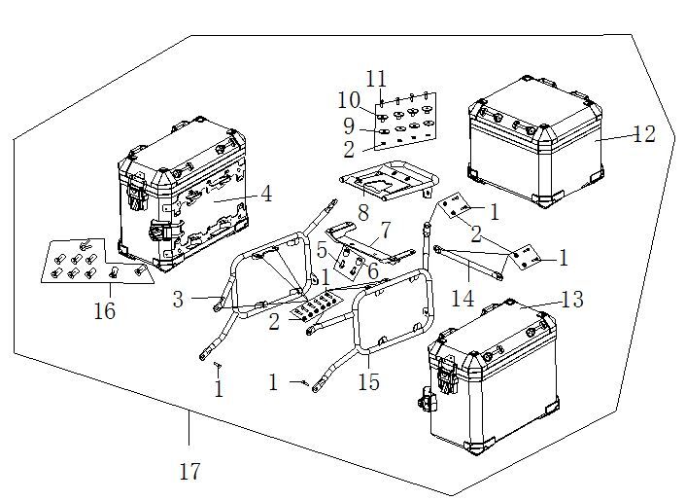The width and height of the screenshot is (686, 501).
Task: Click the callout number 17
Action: pos(190,472)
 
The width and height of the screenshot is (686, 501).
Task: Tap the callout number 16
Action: pos(104,311)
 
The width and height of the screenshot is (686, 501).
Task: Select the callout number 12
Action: pos(644,134)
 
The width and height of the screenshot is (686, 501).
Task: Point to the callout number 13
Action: pos(572,300)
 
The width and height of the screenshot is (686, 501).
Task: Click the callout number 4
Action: pos(266,194)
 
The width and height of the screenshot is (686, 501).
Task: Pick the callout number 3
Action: pos(178,300)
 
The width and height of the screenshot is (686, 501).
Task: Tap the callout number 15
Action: pos(368,383)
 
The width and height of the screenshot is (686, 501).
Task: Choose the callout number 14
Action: pos(463,299)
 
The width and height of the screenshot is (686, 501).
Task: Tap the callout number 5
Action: pos(323,249)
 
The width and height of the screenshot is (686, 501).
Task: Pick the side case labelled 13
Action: pos(491,384)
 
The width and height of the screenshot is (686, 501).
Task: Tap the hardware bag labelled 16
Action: pos(97,260)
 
